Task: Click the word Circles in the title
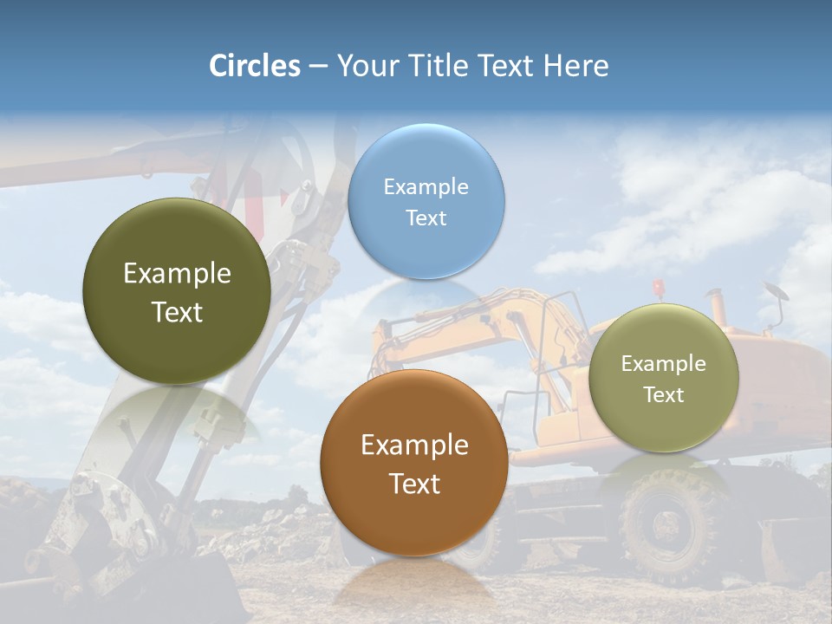tap(255, 66)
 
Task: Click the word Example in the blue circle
tap(426, 186)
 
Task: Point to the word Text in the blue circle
tap(426, 218)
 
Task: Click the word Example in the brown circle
tap(414, 445)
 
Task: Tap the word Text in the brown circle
tap(414, 484)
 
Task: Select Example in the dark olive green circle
tap(177, 274)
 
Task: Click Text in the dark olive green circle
tap(177, 312)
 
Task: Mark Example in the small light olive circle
tap(664, 364)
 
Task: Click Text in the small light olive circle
tap(664, 395)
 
